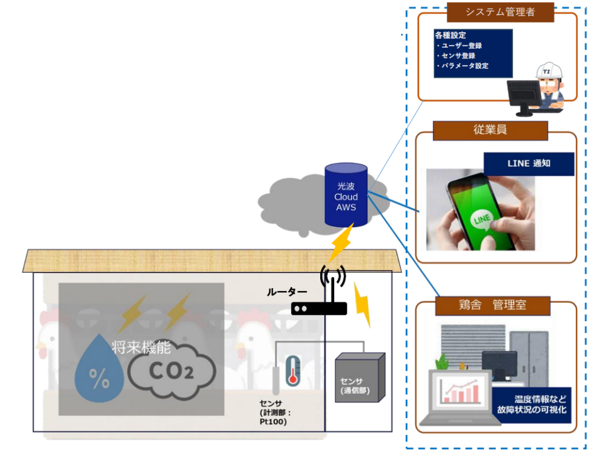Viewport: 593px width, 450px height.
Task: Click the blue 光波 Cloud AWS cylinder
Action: [x=346, y=195]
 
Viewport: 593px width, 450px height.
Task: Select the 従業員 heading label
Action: [x=490, y=130]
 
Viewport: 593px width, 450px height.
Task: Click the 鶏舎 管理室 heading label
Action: [x=490, y=304]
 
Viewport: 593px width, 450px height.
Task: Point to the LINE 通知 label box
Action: [x=529, y=164]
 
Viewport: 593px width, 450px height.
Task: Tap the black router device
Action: [x=319, y=309]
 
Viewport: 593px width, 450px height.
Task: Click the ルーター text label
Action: [x=287, y=293]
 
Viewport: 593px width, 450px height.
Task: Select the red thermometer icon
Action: [x=292, y=370]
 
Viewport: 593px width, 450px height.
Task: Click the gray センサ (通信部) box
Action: [x=360, y=378]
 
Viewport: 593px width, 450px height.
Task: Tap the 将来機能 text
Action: [x=141, y=348]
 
